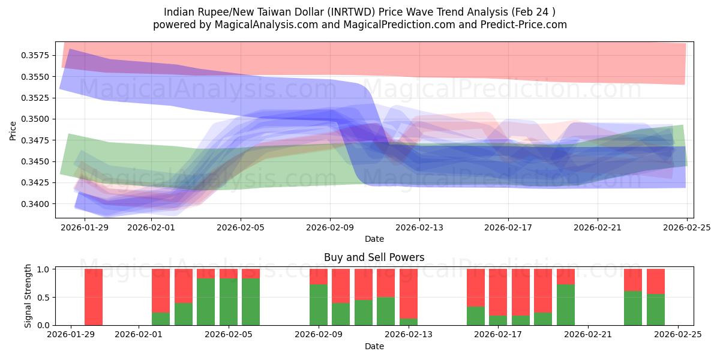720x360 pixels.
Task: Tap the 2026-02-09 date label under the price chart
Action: point(330,228)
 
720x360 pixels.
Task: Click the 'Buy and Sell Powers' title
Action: point(374,257)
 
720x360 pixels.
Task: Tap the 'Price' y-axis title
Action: point(13,130)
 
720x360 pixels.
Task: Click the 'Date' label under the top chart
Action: point(374,239)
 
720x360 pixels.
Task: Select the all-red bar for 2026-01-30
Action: point(94,297)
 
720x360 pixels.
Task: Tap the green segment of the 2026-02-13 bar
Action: point(409,322)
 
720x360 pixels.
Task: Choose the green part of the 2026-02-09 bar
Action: point(319,305)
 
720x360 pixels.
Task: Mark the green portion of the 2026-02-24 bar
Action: point(656,310)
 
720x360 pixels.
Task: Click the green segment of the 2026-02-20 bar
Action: point(566,305)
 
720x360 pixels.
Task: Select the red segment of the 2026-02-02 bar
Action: point(161,291)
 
